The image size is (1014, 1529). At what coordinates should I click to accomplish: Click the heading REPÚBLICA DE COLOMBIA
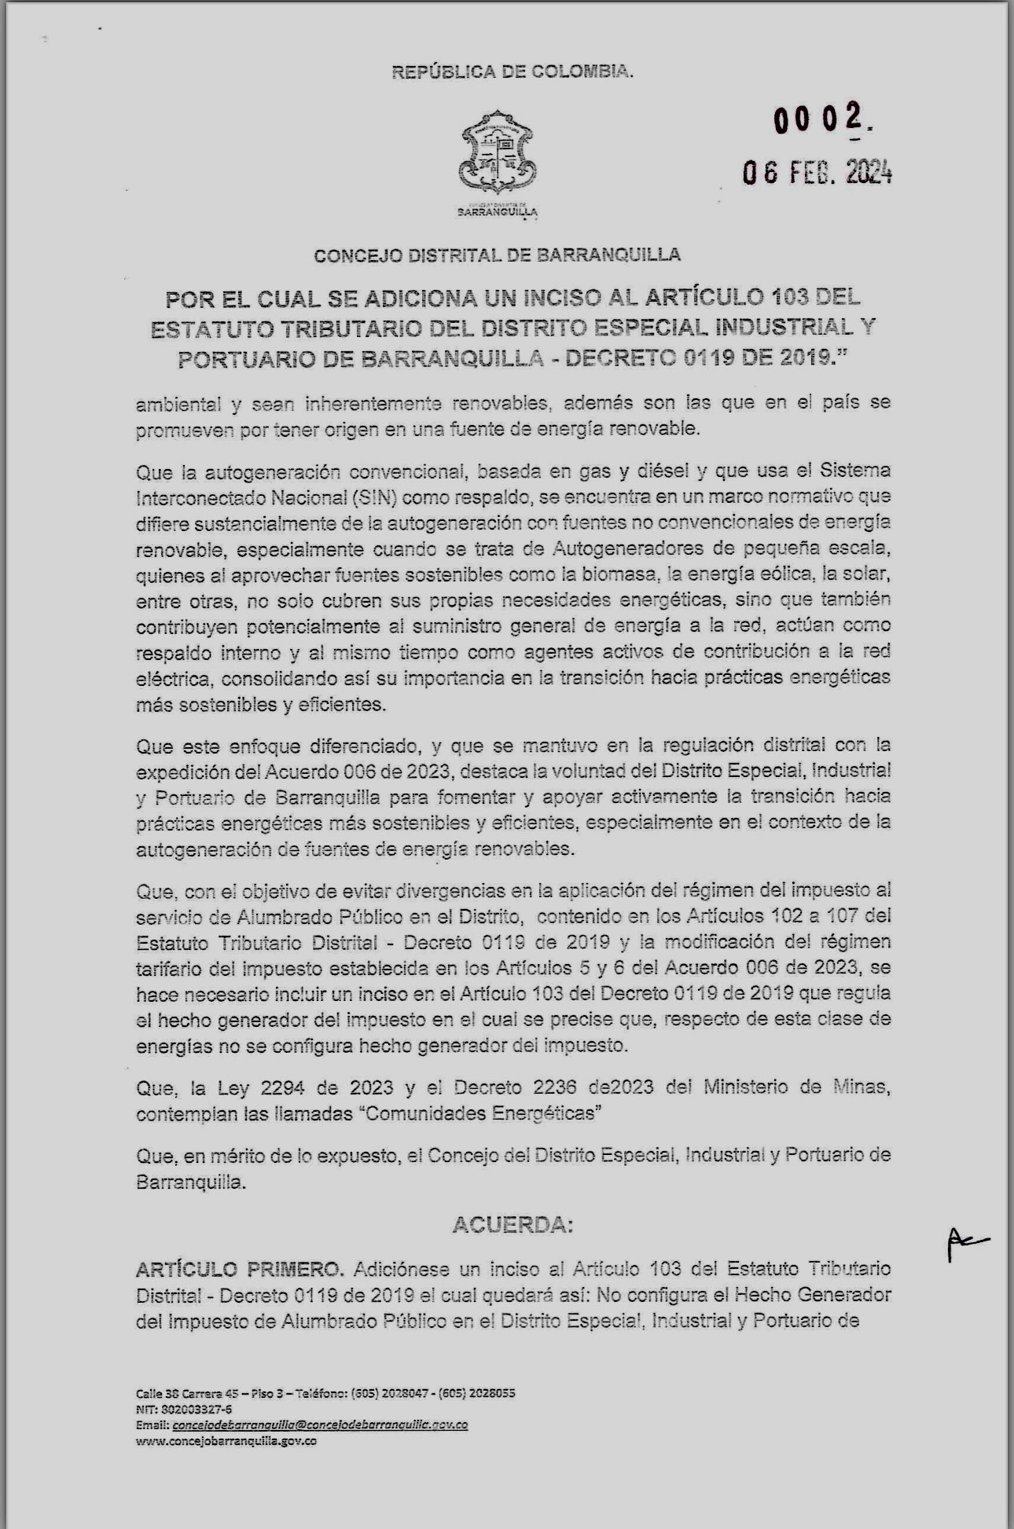[x=512, y=72]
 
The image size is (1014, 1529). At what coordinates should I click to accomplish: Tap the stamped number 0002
[x=822, y=119]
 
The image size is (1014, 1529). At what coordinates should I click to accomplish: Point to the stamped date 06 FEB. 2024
[x=817, y=172]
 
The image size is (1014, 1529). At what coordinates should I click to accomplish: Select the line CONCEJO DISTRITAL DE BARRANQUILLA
[x=497, y=255]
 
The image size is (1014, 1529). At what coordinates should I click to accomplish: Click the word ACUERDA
[x=513, y=1225]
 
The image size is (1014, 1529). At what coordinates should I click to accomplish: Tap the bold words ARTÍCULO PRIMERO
[x=240, y=1269]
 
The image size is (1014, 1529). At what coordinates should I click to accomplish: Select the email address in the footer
[x=320, y=1424]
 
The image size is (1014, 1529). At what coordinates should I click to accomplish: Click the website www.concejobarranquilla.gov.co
[x=226, y=1442]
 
